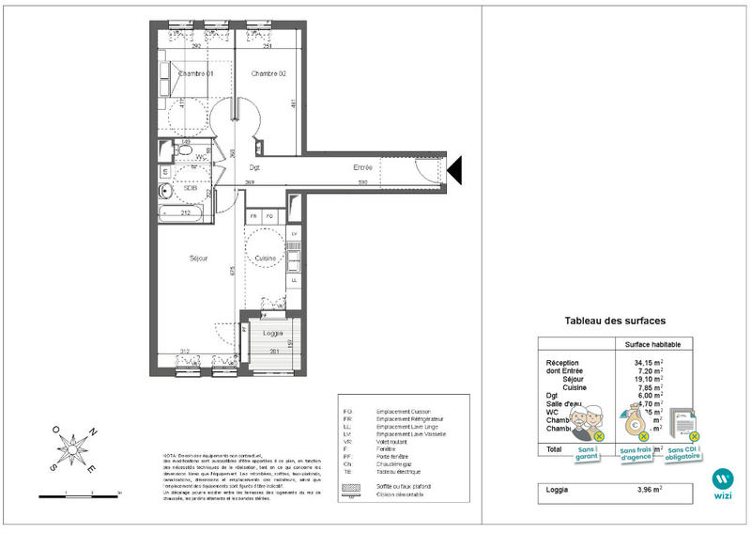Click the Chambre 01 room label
(196, 74)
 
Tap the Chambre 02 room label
(268, 74)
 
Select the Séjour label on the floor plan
(197, 258)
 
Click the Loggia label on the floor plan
(272, 334)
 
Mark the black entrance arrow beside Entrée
(455, 170)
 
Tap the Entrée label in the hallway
(362, 167)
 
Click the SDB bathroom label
(191, 188)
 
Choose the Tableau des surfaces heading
(615, 321)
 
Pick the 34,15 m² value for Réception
(648, 363)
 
